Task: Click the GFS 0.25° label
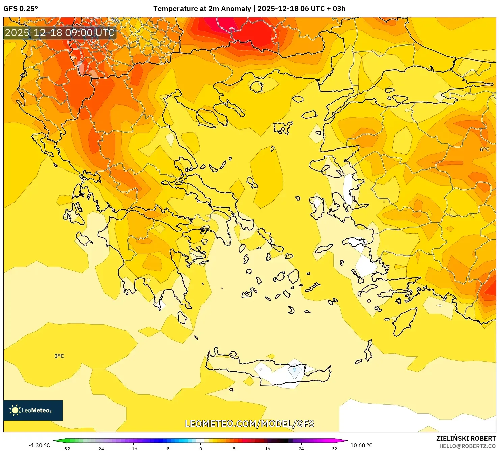[21, 9]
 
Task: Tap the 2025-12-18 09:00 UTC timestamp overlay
[60, 33]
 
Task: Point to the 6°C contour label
[484, 149]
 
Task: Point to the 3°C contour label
[59, 356]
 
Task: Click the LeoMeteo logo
[33, 410]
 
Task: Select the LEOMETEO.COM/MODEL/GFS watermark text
[249, 424]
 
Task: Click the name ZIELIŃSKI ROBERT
[466, 438]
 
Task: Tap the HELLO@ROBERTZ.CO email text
[467, 446]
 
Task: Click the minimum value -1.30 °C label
[39, 445]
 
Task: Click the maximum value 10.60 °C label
[361, 445]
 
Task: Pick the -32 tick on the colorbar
[66, 448]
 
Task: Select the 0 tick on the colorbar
[201, 448]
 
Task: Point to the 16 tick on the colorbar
[268, 448]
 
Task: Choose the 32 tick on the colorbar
[334, 448]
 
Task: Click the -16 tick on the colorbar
[133, 448]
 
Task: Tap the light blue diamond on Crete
[294, 370]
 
